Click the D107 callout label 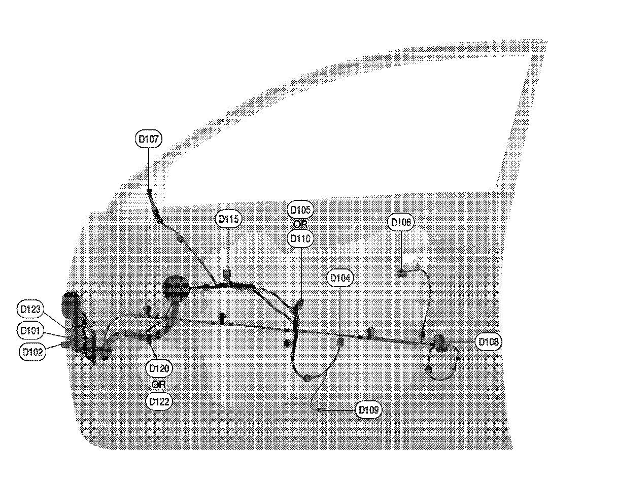point(149,139)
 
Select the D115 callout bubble point(228,219)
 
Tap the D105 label point(300,209)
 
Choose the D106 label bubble point(402,222)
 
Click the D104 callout point(340,278)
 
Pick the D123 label point(30,309)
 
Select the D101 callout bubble point(30,330)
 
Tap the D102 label point(33,352)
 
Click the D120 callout point(159,368)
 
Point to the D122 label point(159,401)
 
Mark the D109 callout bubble point(368,409)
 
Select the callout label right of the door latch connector point(489,342)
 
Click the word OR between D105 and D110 point(300,223)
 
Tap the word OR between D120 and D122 point(159,384)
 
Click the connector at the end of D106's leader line point(401,273)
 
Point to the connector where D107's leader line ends point(150,191)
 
